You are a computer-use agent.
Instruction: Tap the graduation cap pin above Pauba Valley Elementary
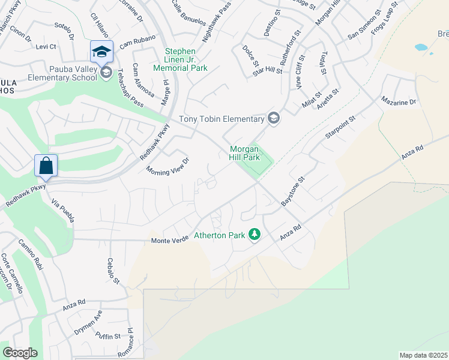(x=101, y=52)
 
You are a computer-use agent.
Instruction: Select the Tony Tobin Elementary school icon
(x=274, y=118)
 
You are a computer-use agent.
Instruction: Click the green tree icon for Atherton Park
(x=255, y=234)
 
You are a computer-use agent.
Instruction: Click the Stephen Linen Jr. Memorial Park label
(x=186, y=60)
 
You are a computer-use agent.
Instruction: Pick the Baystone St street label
(x=293, y=191)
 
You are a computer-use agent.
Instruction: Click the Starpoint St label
(x=340, y=127)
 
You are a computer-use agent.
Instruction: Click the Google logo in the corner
(x=20, y=353)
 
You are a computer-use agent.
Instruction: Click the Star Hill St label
(x=267, y=71)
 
